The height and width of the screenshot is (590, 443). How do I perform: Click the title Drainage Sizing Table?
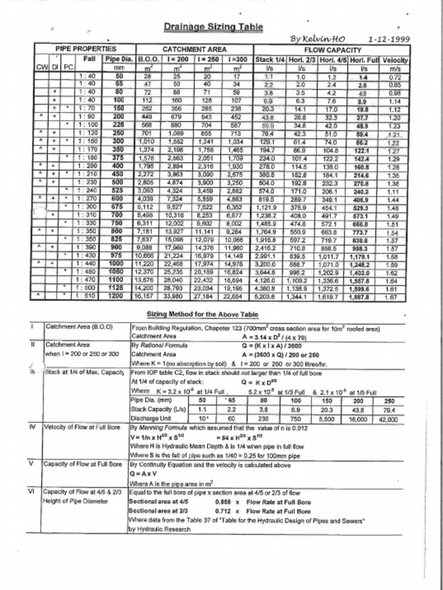coord(213,27)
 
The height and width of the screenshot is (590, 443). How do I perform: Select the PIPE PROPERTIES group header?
coord(85,50)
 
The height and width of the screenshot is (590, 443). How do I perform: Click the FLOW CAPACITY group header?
coord(336,50)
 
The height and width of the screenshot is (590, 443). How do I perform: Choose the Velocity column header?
coord(395,59)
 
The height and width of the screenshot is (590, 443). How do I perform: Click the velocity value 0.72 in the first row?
coord(395,77)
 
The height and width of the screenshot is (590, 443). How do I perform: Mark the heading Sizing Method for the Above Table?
coord(202,314)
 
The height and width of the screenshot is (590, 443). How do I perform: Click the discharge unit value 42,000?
coord(388,419)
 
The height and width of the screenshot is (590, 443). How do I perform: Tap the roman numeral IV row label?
coord(32,428)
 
